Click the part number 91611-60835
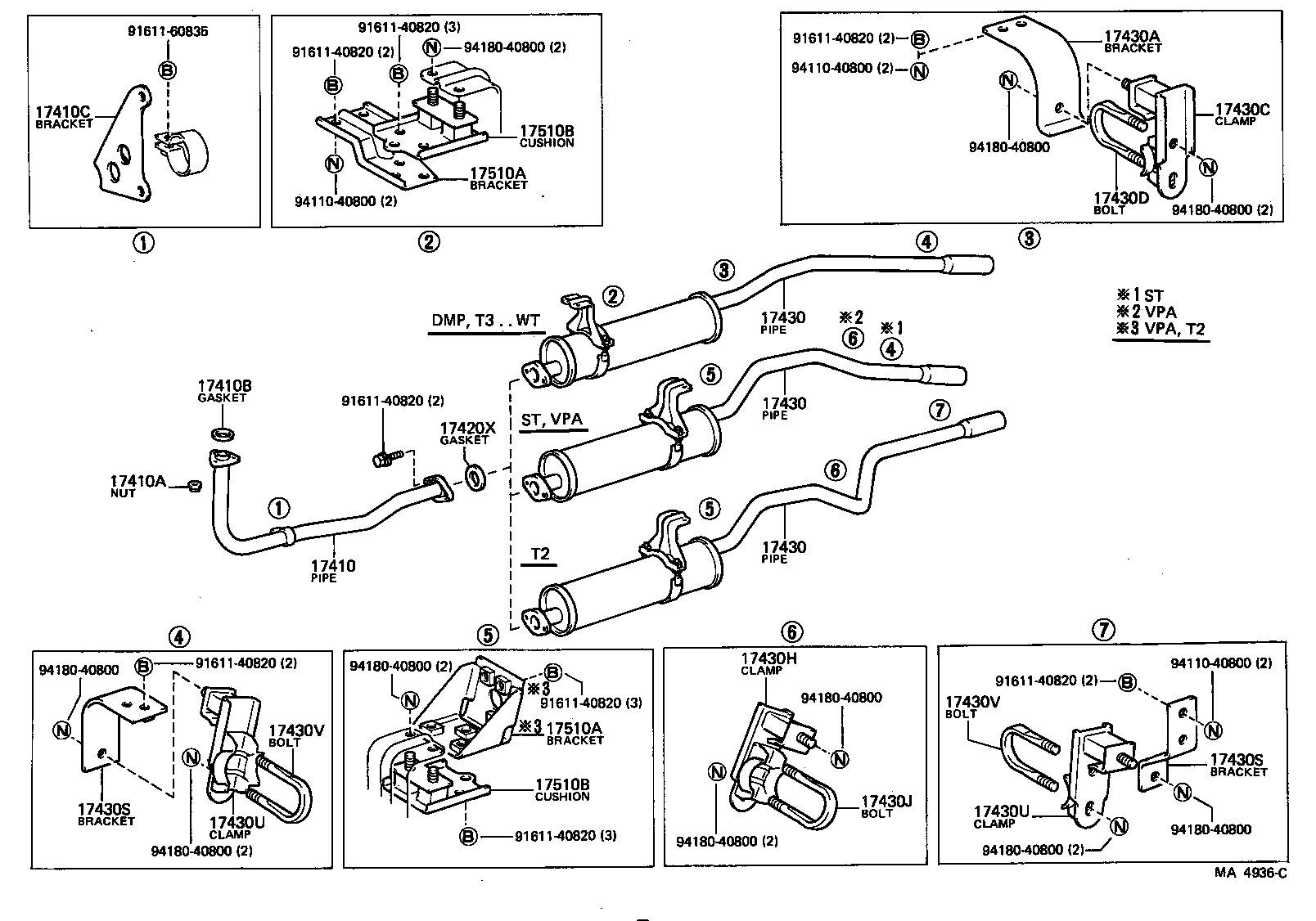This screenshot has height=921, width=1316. pyautogui.click(x=168, y=32)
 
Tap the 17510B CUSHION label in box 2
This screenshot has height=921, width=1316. pyautogui.click(x=547, y=136)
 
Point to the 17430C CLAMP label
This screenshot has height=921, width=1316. pyautogui.click(x=1242, y=114)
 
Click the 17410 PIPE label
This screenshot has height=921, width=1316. pyautogui.click(x=333, y=570)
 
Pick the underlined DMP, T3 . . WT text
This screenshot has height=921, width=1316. pyautogui.click(x=486, y=321)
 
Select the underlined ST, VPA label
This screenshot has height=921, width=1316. pyautogui.click(x=552, y=420)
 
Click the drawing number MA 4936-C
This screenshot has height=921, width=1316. pyautogui.click(x=1250, y=873)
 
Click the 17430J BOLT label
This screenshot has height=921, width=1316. pyautogui.click(x=884, y=806)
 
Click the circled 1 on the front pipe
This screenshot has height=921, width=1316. pyautogui.click(x=279, y=508)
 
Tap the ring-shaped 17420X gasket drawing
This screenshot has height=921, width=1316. pyautogui.click(x=475, y=476)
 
